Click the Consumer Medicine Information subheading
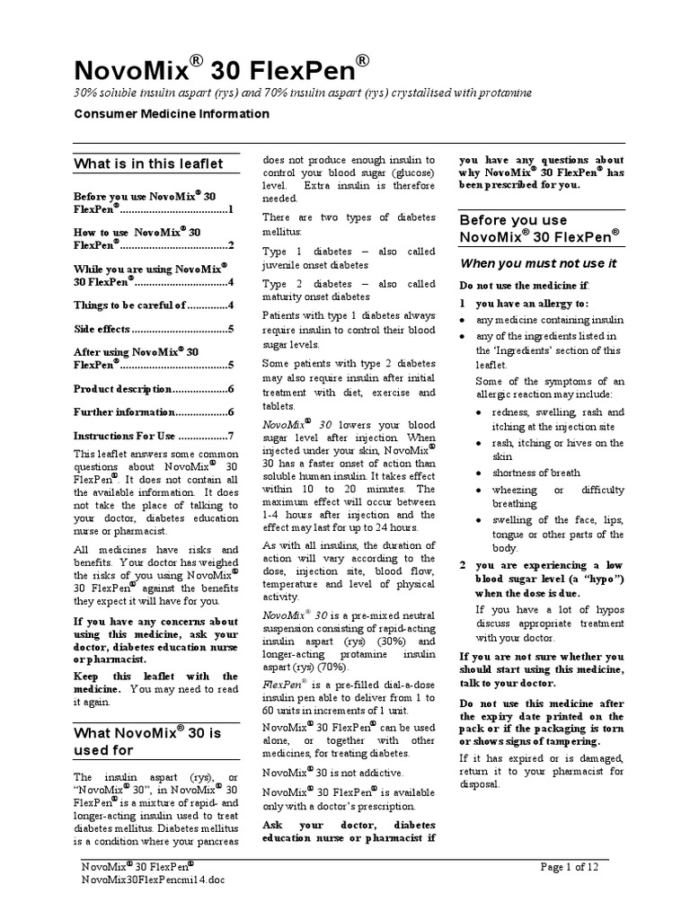171,114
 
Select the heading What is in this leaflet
148,164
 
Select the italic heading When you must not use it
538,263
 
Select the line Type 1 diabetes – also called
349,252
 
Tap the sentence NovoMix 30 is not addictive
332,773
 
